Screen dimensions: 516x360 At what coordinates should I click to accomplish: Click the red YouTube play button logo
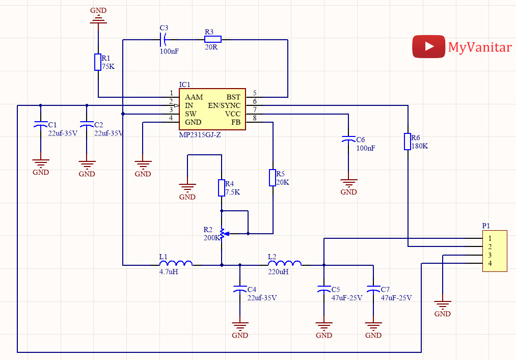pyautogui.click(x=428, y=46)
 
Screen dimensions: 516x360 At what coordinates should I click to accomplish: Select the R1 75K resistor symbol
pyautogui.click(x=98, y=62)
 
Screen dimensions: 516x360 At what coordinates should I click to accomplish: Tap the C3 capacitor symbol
pyautogui.click(x=164, y=40)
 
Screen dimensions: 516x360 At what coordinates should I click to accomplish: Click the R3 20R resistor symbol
pyautogui.click(x=213, y=40)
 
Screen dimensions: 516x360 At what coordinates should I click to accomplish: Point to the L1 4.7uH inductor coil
pyautogui.click(x=176, y=263)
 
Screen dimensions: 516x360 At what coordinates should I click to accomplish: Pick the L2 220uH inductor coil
pyautogui.click(x=285, y=263)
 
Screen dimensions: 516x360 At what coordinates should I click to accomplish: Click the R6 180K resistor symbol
pyautogui.click(x=408, y=142)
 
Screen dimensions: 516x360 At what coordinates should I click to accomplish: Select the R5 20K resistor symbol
pyautogui.click(x=273, y=178)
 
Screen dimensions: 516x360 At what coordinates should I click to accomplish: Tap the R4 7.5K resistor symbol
pyautogui.click(x=222, y=188)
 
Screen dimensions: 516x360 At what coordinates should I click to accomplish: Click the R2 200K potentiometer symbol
pyautogui.click(x=223, y=234)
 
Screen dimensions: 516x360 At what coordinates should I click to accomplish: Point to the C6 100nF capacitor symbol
pyautogui.click(x=348, y=140)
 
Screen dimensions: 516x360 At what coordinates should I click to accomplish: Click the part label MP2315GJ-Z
pyautogui.click(x=200, y=134)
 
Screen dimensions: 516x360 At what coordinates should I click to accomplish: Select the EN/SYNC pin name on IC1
pyautogui.click(x=224, y=105)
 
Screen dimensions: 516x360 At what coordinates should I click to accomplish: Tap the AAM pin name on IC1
pyautogui.click(x=194, y=97)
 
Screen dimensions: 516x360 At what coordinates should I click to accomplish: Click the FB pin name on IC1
pyautogui.click(x=236, y=122)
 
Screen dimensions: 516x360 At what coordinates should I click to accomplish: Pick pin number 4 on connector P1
pyautogui.click(x=490, y=263)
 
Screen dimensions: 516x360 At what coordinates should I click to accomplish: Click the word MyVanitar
pyautogui.click(x=480, y=47)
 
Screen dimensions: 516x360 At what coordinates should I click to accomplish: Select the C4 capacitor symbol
pyautogui.click(x=240, y=289)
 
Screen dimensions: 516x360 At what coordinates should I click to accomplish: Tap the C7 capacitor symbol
pyautogui.click(x=373, y=289)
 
